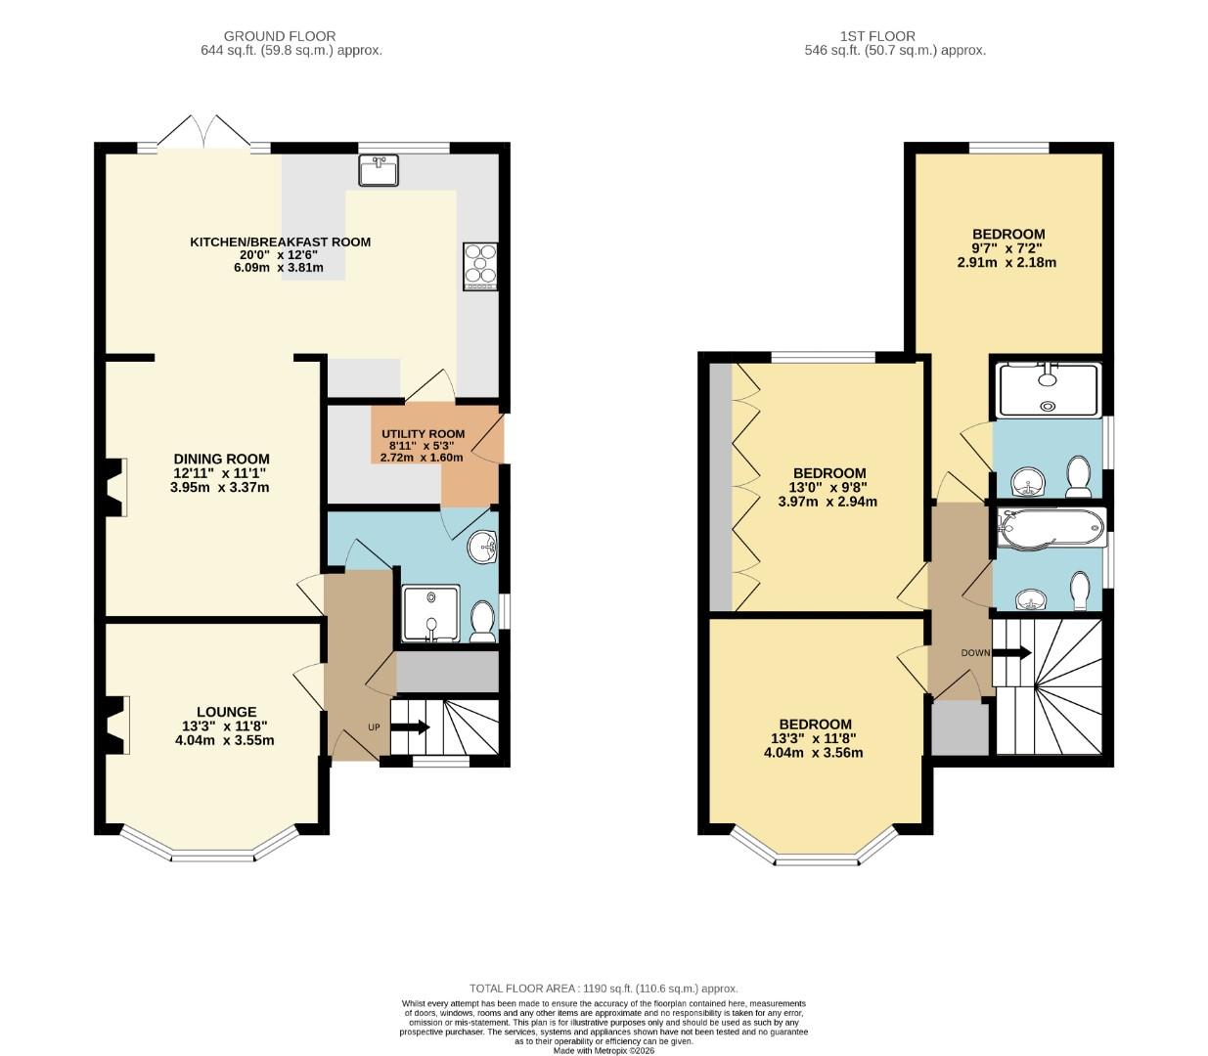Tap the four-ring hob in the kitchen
pyautogui.click(x=480, y=266)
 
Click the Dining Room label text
pyautogui.click(x=221, y=472)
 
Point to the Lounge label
pyautogui.click(x=226, y=726)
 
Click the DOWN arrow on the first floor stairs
pyautogui.click(x=1012, y=653)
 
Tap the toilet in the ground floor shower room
pyautogui.click(x=482, y=622)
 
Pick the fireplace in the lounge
pyautogui.click(x=117, y=725)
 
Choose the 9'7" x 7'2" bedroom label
pyautogui.click(x=1007, y=248)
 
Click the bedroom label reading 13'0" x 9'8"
pyautogui.click(x=828, y=487)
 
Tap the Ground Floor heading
pyautogui.click(x=280, y=43)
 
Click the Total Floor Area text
pyautogui.click(x=604, y=989)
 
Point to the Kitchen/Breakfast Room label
pyautogui.click(x=280, y=254)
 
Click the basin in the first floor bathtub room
pyautogui.click(x=1028, y=597)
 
